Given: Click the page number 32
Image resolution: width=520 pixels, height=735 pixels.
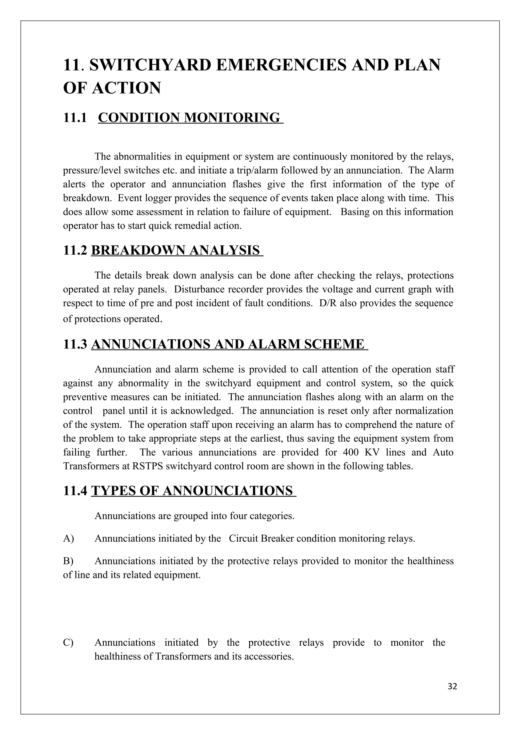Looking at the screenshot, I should click(x=452, y=686).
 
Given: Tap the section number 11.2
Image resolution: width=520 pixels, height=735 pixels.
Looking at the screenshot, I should click(x=75, y=250).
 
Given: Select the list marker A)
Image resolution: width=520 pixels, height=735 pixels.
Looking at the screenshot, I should click(x=69, y=539).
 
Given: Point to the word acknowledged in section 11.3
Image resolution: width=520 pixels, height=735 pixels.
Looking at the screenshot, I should click(x=202, y=411).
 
